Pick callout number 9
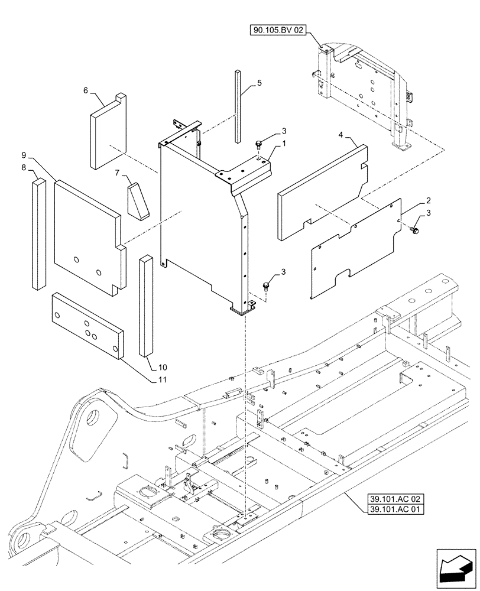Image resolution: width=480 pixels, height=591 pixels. point(24,155)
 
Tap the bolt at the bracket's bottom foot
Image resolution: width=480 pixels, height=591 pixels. point(266,288)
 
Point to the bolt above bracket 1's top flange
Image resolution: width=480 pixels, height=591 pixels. point(259,144)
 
